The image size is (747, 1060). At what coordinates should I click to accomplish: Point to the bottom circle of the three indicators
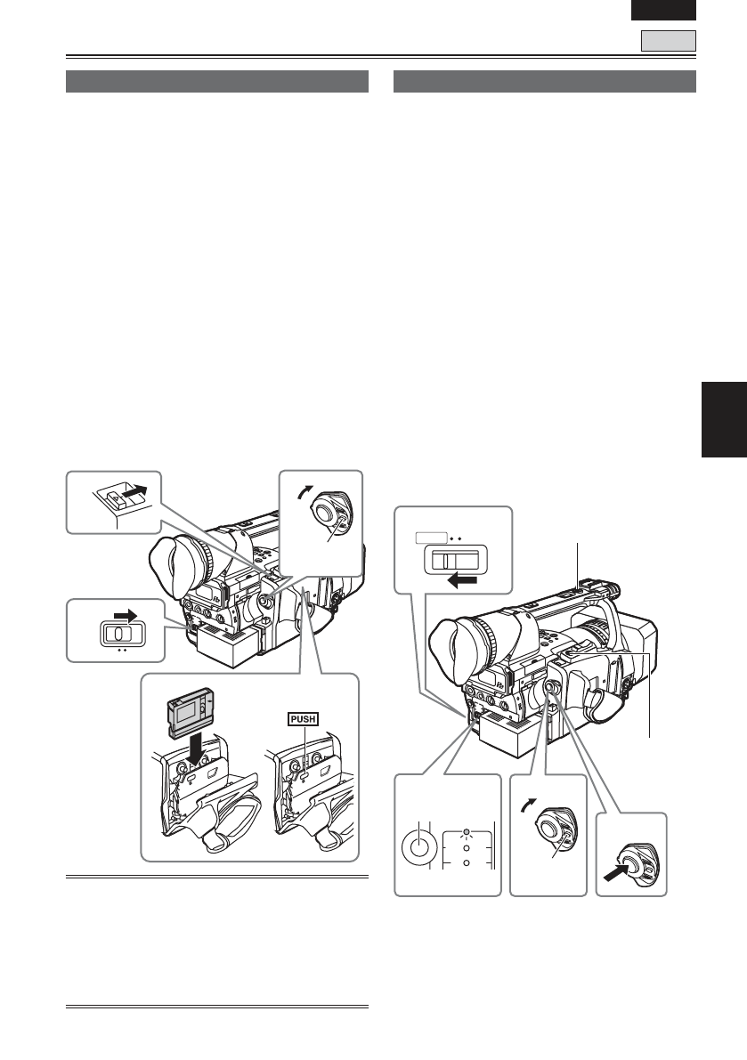465,862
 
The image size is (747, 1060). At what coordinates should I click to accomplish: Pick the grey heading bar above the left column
218,81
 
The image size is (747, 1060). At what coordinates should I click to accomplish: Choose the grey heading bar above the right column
544,81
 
